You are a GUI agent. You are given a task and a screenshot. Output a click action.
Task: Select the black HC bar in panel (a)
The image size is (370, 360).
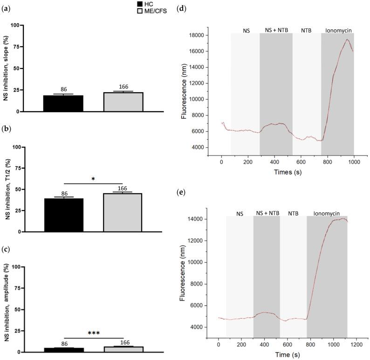[63, 103]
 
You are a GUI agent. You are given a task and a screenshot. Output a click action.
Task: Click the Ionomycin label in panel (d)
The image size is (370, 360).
[338, 30]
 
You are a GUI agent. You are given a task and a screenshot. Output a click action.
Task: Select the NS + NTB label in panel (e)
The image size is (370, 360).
[267, 213]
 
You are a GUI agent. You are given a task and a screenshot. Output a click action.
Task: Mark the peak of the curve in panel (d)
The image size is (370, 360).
[347, 40]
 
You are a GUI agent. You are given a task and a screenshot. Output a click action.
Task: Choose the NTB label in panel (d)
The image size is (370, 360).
[307, 30]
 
